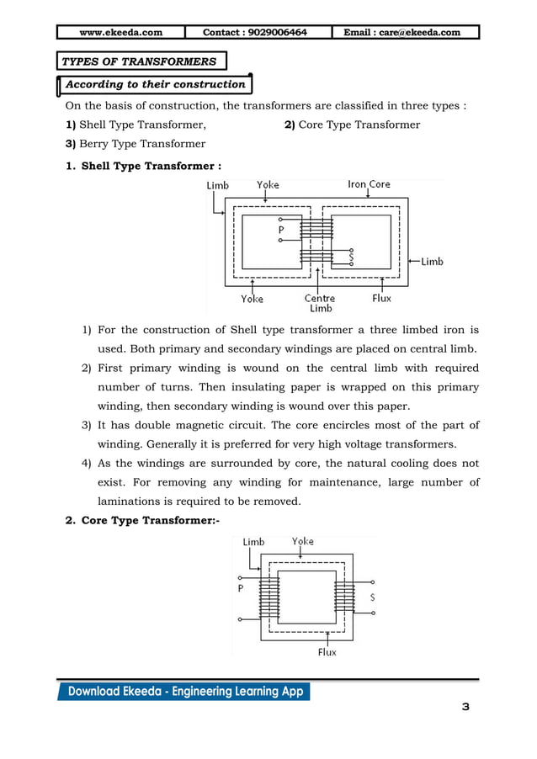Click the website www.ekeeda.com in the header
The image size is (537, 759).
120,33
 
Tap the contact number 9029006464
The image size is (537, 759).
255,33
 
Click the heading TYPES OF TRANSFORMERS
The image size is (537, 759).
139,61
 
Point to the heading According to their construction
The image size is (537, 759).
156,84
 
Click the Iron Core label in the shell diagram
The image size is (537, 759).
369,184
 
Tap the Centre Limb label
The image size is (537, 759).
319,303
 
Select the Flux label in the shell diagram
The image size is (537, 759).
381,298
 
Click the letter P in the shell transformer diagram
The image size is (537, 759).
280,229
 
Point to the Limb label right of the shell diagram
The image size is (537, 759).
432,262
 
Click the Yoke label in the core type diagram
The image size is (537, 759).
303,541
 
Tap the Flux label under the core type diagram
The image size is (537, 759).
327,652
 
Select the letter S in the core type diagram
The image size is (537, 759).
372,597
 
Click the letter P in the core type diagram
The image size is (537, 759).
241,589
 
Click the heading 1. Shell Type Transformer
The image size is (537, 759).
143,166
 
